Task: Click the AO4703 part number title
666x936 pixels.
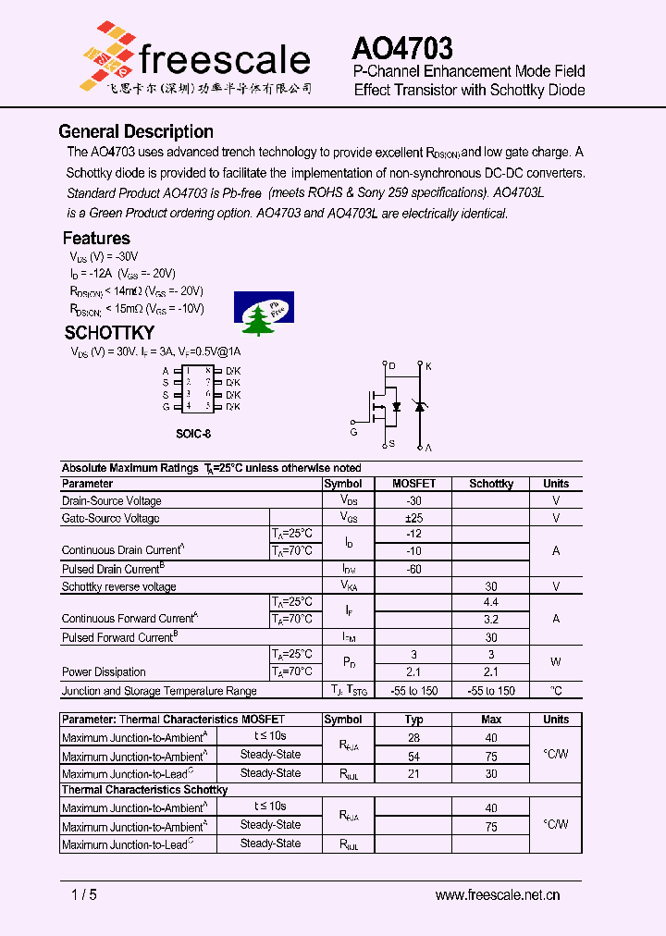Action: [402, 48]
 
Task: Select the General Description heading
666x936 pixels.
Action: [136, 131]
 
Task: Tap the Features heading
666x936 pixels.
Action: [96, 238]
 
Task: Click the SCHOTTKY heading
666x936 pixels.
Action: [109, 333]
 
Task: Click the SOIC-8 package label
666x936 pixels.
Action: [199, 433]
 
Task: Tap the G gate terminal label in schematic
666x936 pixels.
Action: [353, 432]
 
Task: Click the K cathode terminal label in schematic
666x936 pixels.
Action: [428, 366]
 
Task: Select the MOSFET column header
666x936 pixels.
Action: [413, 484]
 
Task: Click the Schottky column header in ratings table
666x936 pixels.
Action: [491, 484]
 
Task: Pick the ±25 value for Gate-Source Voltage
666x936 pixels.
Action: [413, 518]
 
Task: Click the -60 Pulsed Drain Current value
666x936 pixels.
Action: [413, 569]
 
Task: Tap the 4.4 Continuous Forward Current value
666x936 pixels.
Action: [491, 602]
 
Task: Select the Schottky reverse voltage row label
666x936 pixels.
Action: [118, 586]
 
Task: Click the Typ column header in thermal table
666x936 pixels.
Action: [413, 720]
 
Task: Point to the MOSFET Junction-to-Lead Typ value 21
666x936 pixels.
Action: [413, 773]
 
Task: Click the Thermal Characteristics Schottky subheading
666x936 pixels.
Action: [144, 790]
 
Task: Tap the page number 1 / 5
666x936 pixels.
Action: [84, 894]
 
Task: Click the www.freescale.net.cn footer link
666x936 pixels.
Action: [498, 894]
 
